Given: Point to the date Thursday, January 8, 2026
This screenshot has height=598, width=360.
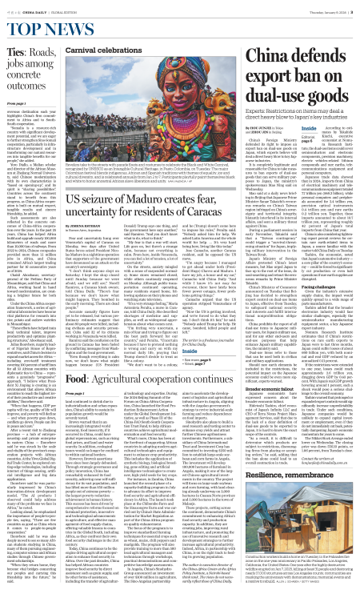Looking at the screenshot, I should pos(315,8).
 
